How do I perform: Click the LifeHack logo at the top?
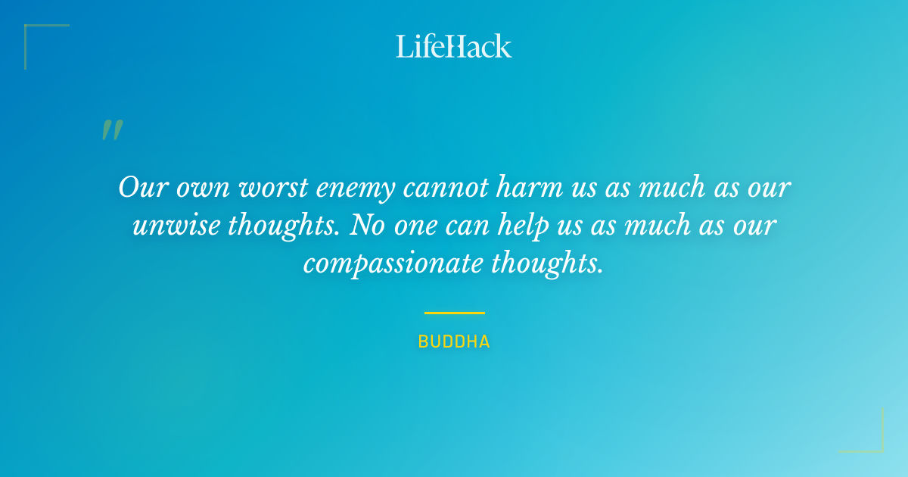[454, 45]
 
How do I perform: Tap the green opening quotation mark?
[112, 130]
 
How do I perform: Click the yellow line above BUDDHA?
[454, 312]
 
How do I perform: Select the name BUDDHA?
[454, 342]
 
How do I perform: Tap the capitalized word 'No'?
[364, 225]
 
